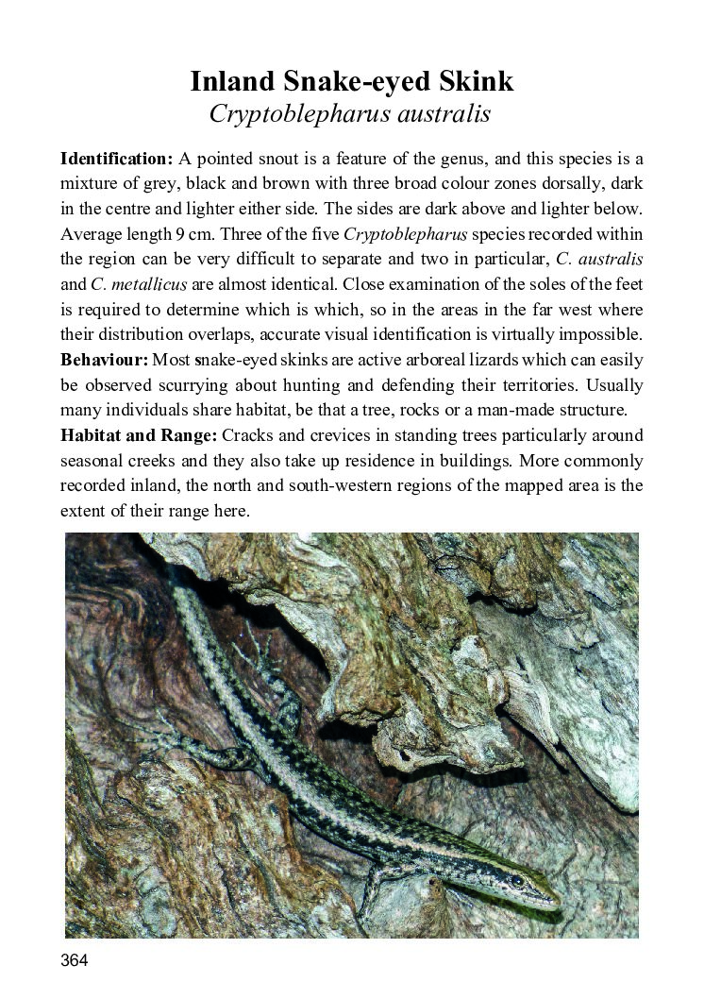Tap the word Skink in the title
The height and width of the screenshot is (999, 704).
(476, 81)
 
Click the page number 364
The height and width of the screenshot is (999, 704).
(74, 961)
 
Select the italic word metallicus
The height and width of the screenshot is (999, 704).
(142, 285)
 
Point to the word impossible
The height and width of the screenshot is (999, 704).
(596, 335)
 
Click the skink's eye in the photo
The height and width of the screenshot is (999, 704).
(518, 880)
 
